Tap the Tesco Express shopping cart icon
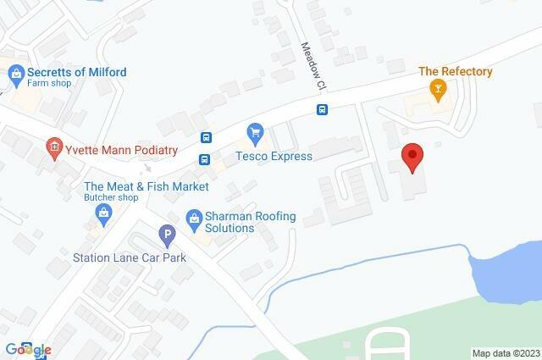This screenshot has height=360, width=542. [253, 132]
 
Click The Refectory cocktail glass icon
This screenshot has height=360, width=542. [438, 89]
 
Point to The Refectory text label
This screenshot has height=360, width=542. [456, 72]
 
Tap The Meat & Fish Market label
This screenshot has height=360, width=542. [147, 186]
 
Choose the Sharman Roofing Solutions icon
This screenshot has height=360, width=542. [194, 219]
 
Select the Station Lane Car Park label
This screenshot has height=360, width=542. [129, 257]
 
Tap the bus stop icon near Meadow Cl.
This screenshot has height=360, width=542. [322, 109]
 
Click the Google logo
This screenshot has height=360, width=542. [28, 349]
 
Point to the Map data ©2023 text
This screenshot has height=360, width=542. [505, 353]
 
